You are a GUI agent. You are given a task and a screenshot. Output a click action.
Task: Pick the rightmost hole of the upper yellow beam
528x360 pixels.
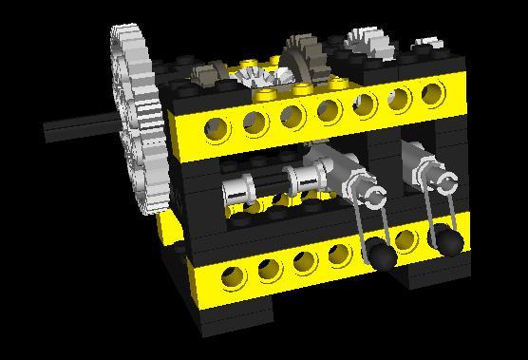click(432, 94)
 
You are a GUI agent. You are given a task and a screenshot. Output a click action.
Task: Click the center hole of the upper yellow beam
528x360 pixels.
click(328, 110)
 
